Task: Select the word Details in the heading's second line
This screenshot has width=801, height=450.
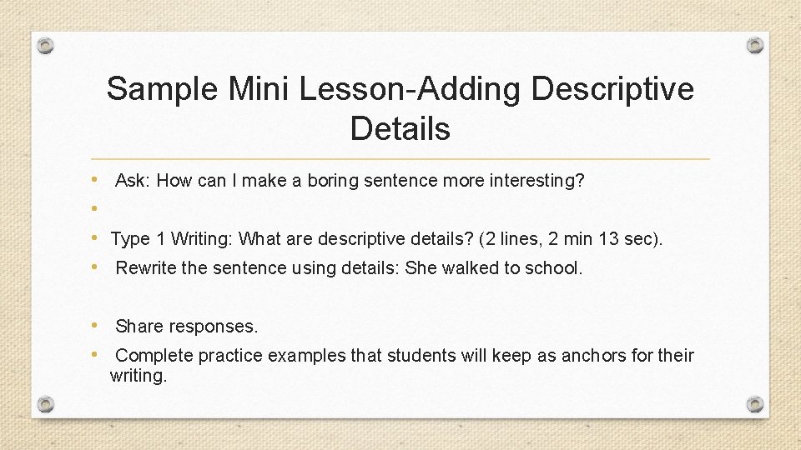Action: click(x=400, y=129)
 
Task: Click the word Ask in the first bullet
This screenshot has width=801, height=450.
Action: click(x=132, y=181)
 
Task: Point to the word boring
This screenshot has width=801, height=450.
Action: click(x=333, y=181)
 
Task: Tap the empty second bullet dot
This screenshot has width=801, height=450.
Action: click(x=96, y=209)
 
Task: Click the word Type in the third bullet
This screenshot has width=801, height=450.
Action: click(x=129, y=239)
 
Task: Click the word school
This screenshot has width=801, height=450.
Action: click(x=553, y=268)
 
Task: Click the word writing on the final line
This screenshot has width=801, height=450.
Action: click(x=139, y=376)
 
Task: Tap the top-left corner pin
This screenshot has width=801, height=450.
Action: click(x=46, y=45)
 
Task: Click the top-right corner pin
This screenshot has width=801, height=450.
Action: click(x=755, y=45)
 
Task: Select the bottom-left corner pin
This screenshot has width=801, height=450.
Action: click(x=46, y=404)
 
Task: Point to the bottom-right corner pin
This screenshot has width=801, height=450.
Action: click(x=755, y=404)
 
